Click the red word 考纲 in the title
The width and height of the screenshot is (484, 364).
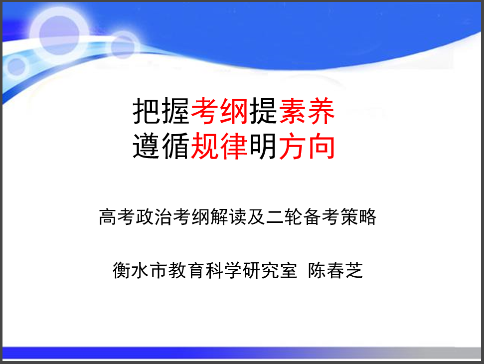[219, 111]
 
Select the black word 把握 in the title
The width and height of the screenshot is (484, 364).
[161, 111]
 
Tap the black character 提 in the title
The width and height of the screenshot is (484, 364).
[263, 111]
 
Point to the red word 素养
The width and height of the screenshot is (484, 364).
[307, 111]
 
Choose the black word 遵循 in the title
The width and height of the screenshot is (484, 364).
[161, 146]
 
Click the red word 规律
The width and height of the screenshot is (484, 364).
[219, 146]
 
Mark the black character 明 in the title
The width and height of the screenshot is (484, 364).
[263, 146]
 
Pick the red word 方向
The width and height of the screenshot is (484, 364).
[307, 146]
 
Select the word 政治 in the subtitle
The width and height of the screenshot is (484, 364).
[154, 217]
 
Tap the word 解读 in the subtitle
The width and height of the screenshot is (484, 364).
[228, 217]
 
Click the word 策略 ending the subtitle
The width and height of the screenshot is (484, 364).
[358, 217]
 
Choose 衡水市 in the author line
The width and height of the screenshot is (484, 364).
[140, 270]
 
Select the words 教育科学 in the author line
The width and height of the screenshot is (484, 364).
[205, 270]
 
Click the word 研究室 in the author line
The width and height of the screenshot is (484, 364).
[270, 270]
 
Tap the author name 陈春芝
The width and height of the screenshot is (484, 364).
[335, 270]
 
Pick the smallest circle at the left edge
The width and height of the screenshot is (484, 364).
[16, 66]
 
